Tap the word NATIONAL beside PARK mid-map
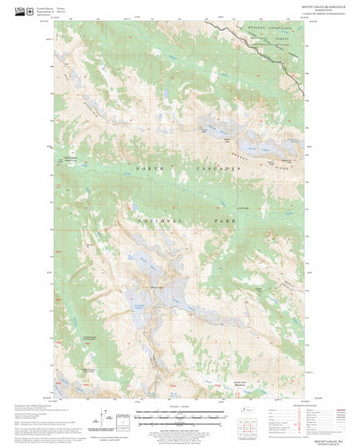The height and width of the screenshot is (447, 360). coord(160,219)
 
